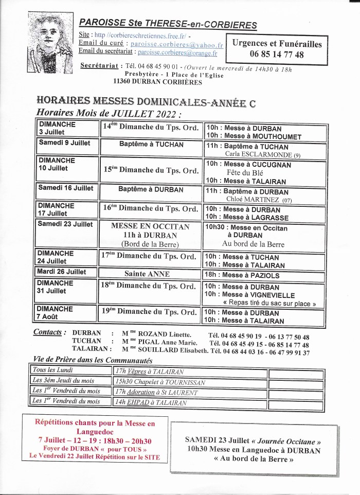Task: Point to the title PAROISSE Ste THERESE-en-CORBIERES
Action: (168, 24)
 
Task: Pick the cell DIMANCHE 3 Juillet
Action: (67, 128)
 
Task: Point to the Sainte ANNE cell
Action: (150, 274)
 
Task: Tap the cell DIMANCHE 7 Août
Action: (67, 312)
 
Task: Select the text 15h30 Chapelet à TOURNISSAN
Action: (160, 382)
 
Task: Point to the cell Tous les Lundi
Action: (53, 370)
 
